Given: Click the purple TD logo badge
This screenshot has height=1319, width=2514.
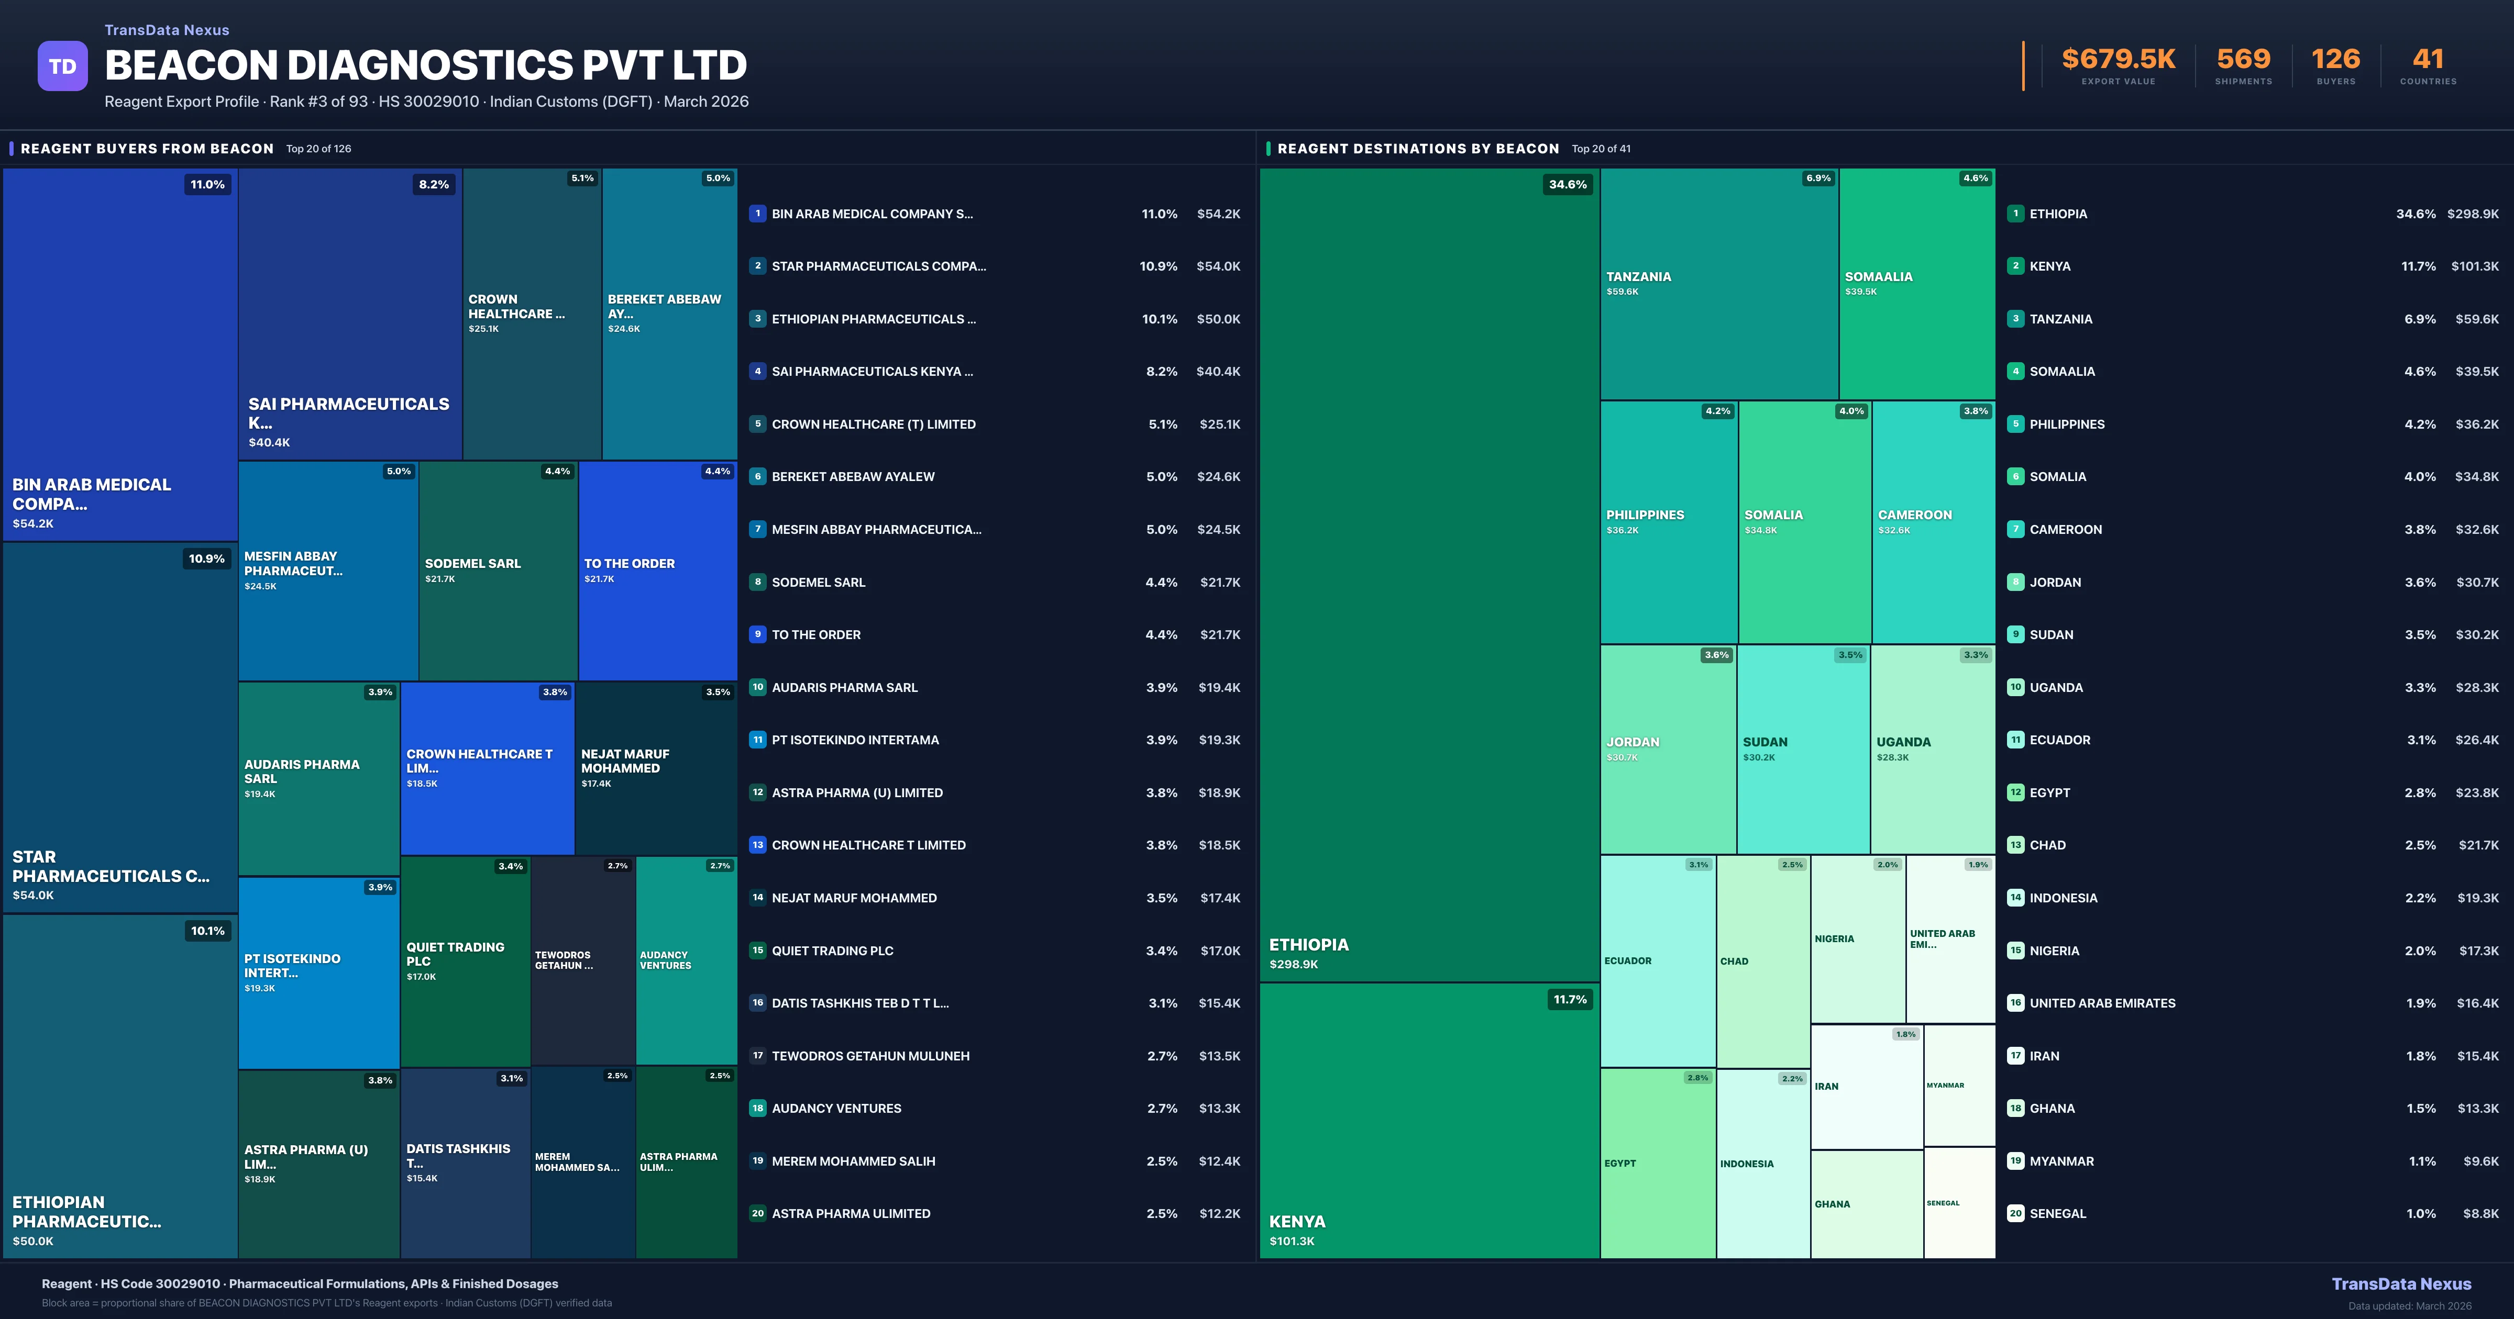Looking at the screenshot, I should coord(62,66).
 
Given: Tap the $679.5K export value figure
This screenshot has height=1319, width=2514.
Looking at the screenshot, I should coord(2118,60).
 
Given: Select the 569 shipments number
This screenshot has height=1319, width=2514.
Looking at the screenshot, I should coord(2243,60).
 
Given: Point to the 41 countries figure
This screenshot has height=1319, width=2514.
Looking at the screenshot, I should coord(2427,60).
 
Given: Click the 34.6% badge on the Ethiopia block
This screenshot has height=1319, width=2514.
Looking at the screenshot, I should coord(1568,184).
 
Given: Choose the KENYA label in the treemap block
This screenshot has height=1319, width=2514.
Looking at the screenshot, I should coord(1297,1222).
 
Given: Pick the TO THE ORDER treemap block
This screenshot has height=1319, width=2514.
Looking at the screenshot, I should coord(657,571).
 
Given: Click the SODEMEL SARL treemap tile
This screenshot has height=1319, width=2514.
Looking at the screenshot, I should coord(498,571).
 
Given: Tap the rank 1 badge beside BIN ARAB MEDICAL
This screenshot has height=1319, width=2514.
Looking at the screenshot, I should coord(757,214).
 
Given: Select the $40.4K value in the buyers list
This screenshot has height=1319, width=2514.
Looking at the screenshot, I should coord(1218,372).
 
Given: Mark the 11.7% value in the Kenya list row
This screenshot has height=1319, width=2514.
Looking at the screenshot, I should coord(2418,266).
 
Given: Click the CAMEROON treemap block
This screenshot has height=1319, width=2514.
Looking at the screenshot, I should coord(1933,522).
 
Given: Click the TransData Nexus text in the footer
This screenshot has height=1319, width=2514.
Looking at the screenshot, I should coord(2401,1284).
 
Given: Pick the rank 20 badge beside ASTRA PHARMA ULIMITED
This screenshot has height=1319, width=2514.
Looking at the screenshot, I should coord(757,1214).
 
